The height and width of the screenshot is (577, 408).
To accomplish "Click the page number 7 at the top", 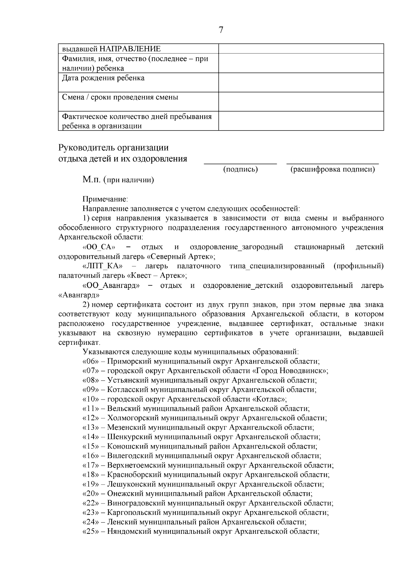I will [221, 30].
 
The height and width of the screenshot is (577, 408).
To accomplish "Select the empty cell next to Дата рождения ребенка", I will [301, 82].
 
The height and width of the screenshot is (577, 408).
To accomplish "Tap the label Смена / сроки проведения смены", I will [120, 97].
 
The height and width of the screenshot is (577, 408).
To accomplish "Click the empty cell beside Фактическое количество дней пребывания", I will [301, 121].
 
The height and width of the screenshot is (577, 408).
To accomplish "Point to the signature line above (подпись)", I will [240, 164].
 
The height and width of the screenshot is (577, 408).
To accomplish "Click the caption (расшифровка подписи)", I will [333, 169].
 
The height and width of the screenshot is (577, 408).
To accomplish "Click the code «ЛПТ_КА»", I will [102, 266].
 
